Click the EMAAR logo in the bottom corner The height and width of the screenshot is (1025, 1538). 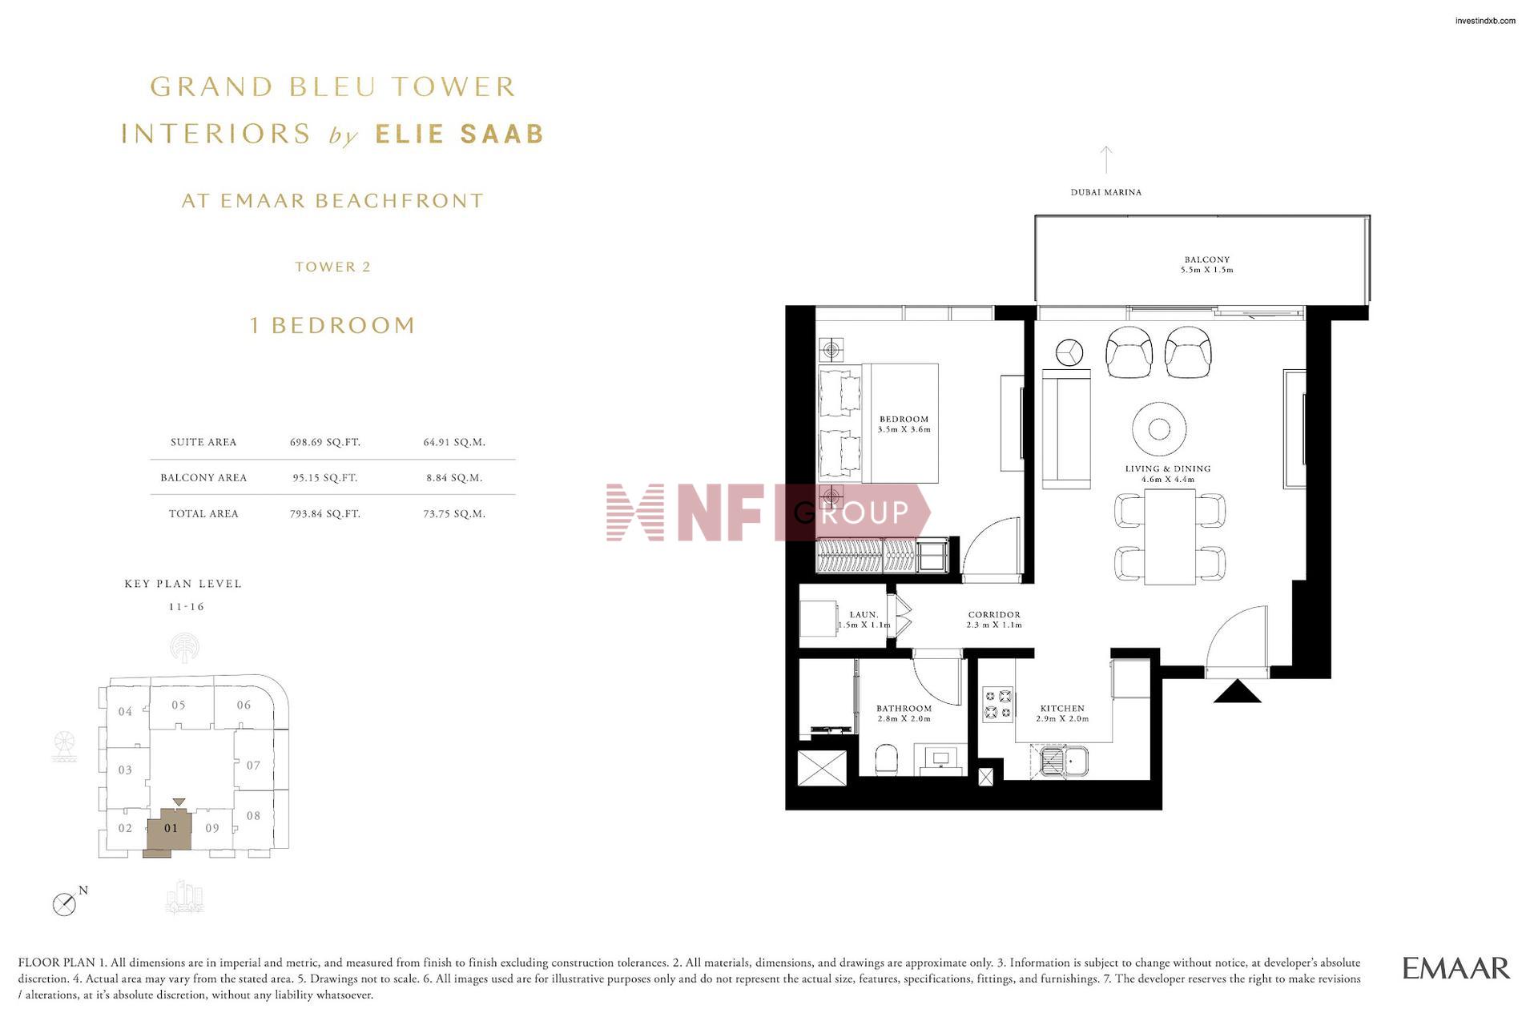click(x=1455, y=968)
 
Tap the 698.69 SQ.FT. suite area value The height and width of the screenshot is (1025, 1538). click(x=325, y=442)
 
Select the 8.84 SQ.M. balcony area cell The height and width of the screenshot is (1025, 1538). click(x=454, y=478)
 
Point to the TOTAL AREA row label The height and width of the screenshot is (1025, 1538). click(x=203, y=514)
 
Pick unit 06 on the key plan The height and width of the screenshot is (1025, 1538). click(x=244, y=705)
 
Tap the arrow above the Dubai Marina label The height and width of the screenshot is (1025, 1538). click(x=1106, y=159)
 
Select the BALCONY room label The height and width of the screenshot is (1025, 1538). click(x=1207, y=259)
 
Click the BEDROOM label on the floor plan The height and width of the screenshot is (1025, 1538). click(x=904, y=419)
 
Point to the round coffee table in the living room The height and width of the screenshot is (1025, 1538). click(x=1159, y=429)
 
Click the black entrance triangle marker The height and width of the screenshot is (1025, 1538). click(x=1238, y=691)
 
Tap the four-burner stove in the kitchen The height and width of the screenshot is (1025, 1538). click(x=998, y=705)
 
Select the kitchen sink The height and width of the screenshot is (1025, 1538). click(x=1065, y=761)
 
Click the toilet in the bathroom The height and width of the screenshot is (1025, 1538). click(x=887, y=759)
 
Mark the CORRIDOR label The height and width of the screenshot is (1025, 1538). click(x=993, y=615)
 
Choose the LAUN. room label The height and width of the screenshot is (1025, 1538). click(x=864, y=615)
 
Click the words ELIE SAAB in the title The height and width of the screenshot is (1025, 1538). click(x=460, y=134)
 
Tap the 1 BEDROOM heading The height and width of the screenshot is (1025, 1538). click(x=332, y=325)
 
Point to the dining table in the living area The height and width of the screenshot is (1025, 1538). click(x=1170, y=536)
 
